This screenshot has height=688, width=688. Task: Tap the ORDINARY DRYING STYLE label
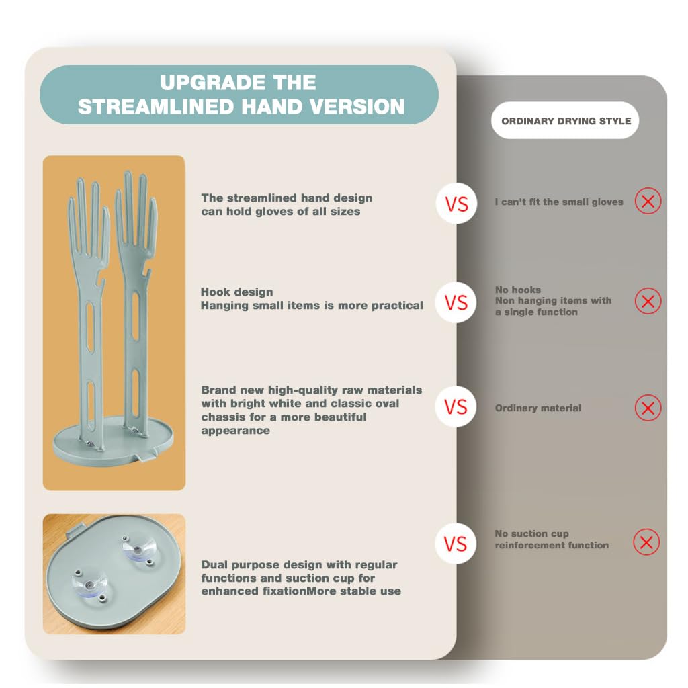pos(566,121)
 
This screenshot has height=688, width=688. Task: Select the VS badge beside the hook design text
pos(456,302)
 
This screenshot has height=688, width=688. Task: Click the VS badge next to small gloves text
pos(456,204)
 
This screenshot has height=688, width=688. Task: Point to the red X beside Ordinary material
pos(648,408)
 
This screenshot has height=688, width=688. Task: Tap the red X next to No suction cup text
pos(646,542)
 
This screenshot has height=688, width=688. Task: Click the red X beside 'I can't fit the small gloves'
pos(648,201)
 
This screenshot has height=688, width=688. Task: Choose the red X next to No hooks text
pos(648,302)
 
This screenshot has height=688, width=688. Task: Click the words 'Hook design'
pos(236,292)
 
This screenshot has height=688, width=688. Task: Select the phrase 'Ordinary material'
pos(537,408)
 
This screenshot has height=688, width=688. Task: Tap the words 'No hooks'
pos(517,290)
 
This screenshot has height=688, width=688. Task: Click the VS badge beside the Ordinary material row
pos(456,407)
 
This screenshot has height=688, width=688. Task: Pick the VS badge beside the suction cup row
pos(455,543)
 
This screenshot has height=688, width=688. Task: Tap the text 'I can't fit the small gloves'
pos(559,202)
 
